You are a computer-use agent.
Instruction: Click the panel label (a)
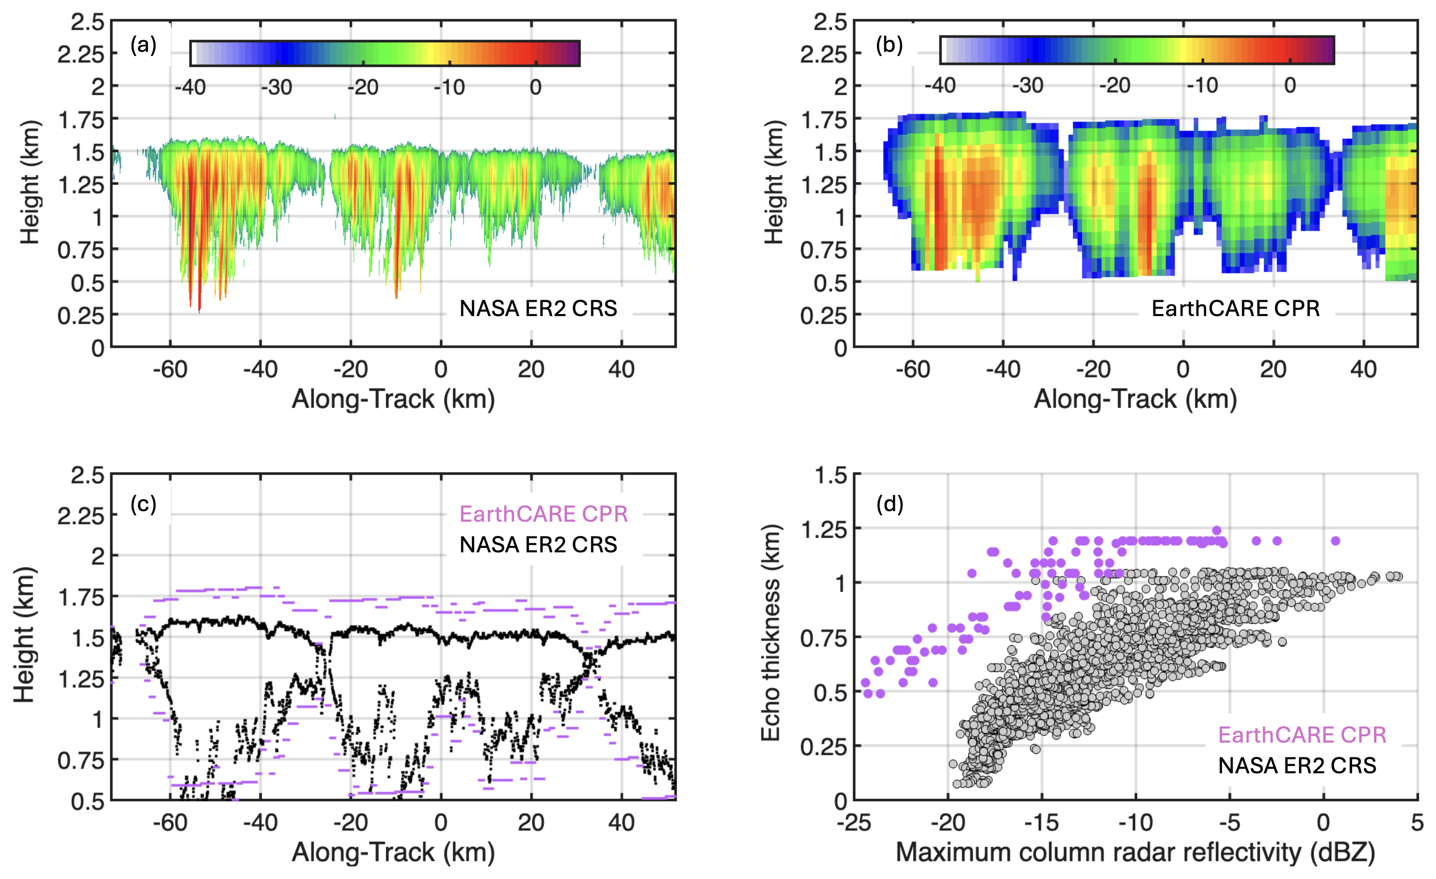coord(143,45)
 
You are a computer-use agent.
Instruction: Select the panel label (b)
coord(889,45)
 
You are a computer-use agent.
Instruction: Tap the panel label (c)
coord(143,504)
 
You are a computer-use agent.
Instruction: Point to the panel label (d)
coord(890,504)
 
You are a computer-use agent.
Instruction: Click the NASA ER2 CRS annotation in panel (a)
coord(538,308)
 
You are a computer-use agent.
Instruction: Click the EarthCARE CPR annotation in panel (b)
coord(1236,308)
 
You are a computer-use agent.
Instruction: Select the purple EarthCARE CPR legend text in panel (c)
coord(543,514)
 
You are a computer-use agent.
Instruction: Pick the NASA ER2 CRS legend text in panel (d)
coord(1297,765)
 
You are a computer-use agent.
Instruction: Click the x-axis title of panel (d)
coord(1135,852)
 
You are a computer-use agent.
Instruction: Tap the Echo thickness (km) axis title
coord(771,633)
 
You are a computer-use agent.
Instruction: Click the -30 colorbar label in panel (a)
coord(276,87)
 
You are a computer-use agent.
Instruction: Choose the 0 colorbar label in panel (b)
coord(1290,86)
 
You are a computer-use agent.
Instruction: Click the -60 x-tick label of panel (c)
coord(170,822)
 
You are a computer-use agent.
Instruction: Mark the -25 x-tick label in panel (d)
coord(854,822)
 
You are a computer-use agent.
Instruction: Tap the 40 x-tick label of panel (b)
coord(1363,369)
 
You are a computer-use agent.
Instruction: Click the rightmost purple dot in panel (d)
coord(1336,541)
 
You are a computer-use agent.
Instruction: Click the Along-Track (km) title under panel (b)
coord(1135,399)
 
